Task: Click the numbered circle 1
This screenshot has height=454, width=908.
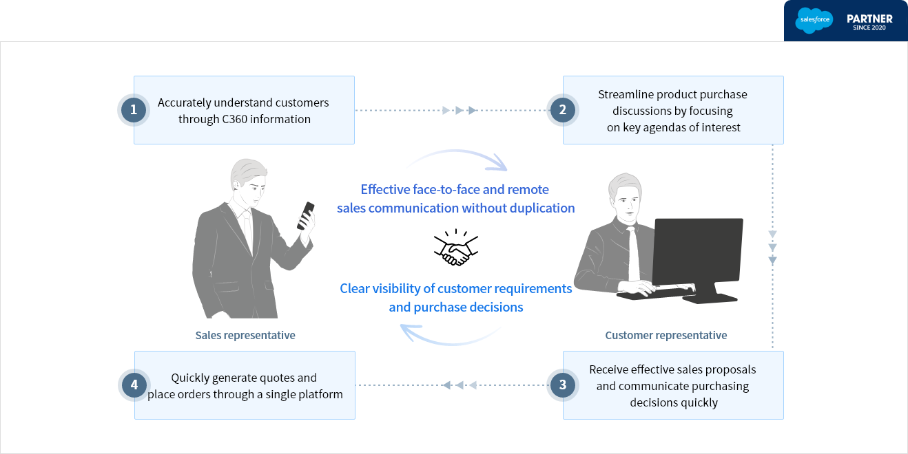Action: click(x=133, y=109)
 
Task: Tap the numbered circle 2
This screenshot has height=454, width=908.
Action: click(x=562, y=109)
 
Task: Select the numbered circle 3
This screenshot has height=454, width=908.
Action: click(x=562, y=385)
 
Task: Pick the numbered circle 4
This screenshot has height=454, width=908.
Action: click(x=134, y=385)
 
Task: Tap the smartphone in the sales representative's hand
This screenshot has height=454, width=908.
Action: click(x=305, y=215)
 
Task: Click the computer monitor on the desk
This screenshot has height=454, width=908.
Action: click(x=697, y=252)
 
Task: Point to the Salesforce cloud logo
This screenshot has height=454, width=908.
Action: click(x=814, y=21)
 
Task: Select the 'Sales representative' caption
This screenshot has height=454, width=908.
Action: click(x=245, y=336)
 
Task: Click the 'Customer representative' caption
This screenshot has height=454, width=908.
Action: click(x=665, y=336)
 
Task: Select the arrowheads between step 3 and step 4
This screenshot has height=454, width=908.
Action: click(x=459, y=385)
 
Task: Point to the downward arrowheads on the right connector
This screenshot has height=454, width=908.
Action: click(x=772, y=247)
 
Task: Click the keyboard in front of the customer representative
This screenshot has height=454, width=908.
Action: click(x=654, y=293)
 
